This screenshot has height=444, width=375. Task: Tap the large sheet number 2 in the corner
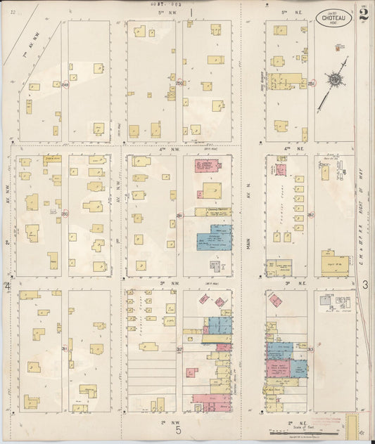coord(363,15)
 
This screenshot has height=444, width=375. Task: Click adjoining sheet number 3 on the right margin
coord(366,285)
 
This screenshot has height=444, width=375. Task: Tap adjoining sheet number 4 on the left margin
coord(8,287)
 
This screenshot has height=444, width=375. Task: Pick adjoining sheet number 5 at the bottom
coord(179,431)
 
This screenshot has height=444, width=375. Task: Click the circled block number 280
coord(64,214)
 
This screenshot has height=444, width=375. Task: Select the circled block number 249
coord(64,87)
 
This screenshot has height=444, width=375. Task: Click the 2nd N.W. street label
coord(167,422)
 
